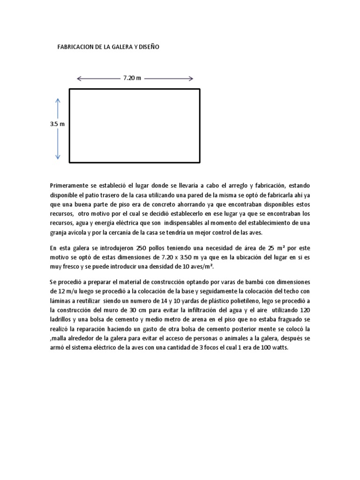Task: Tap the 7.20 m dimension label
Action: (132, 78)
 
